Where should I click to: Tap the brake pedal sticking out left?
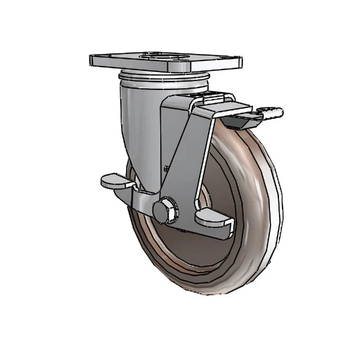tap(113, 179)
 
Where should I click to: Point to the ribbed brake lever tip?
tap(273, 112)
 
